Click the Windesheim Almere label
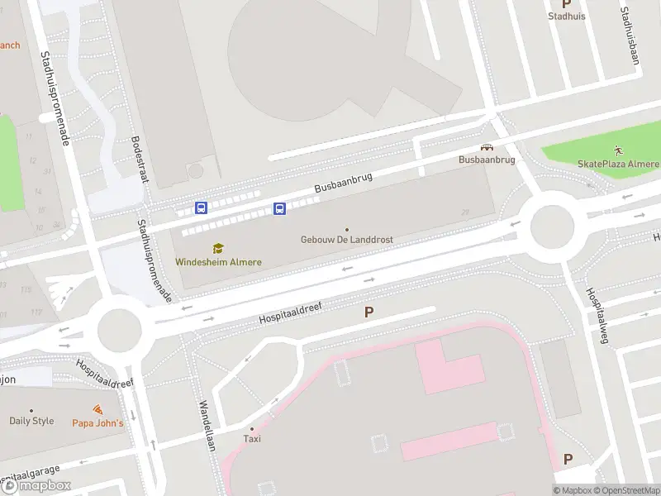(x=218, y=262)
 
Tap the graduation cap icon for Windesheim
(x=218, y=248)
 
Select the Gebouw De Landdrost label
(x=346, y=240)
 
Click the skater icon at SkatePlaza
(x=619, y=150)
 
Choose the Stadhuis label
(x=567, y=16)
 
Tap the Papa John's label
(x=97, y=423)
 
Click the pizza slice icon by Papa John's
(x=97, y=409)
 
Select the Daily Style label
(x=31, y=421)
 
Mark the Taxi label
(x=252, y=439)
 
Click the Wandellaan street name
(x=206, y=427)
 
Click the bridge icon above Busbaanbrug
(x=487, y=146)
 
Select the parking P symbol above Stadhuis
(x=567, y=3)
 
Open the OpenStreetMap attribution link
(x=625, y=490)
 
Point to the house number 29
(x=465, y=212)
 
